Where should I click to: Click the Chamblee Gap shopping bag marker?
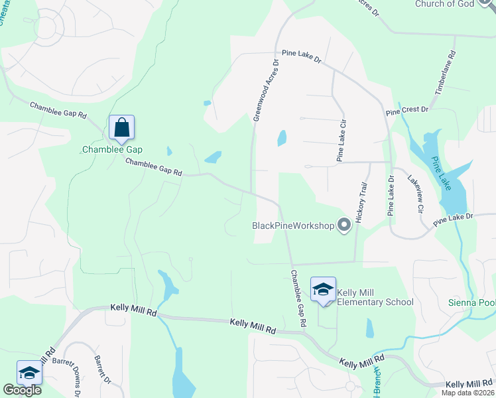[122, 127]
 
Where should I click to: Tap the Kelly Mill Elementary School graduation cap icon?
[324, 290]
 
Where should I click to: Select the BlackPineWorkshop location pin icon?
[343, 226]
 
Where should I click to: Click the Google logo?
[22, 390]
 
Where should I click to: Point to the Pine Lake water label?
[441, 172]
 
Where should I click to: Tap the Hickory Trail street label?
[361, 203]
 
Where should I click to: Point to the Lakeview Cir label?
[415, 194]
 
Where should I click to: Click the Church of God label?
[445, 4]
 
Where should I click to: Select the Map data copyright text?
[468, 393]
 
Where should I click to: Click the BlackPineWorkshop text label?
[293, 226]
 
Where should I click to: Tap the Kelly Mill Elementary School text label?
[375, 297]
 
